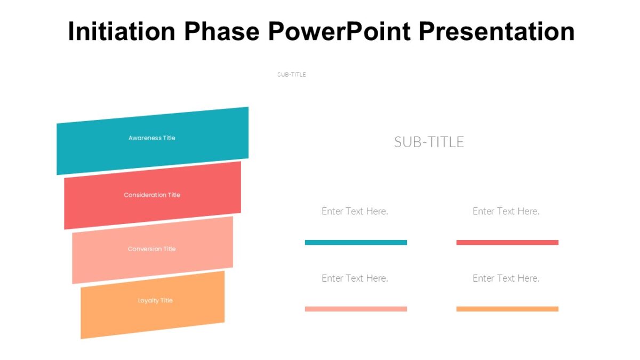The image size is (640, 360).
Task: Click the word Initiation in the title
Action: point(122,31)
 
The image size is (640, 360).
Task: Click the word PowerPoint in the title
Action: point(340,31)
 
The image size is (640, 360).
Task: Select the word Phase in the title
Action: point(222,31)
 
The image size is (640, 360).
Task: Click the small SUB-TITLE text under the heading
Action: point(292,75)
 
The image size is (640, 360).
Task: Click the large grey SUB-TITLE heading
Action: point(429,142)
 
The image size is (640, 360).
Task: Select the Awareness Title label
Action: point(151,138)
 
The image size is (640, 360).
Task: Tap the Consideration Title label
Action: point(152,195)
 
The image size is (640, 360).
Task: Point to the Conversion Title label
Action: point(151,249)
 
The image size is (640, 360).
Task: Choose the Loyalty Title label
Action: point(155,301)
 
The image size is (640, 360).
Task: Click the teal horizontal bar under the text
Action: point(356,243)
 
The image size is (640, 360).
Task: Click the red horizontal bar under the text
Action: point(507,243)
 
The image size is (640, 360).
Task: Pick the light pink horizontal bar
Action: point(356,309)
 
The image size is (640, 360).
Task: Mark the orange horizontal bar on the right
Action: point(507,309)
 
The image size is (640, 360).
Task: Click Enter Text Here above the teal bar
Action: point(355,211)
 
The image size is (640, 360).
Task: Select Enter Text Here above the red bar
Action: point(506,211)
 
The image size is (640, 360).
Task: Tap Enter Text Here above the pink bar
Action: point(355,278)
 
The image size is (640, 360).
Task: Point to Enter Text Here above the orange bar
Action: point(506,278)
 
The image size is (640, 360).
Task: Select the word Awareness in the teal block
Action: point(145,138)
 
